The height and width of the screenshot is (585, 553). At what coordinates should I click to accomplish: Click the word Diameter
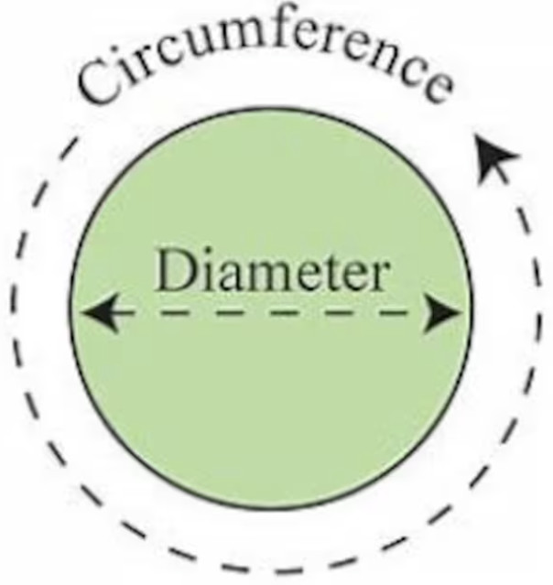pos(273,270)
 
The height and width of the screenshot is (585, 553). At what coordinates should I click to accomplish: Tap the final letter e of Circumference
pos(438,89)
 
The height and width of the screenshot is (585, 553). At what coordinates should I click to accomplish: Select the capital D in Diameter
pos(175,269)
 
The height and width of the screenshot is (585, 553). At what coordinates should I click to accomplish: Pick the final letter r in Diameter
pos(377,276)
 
